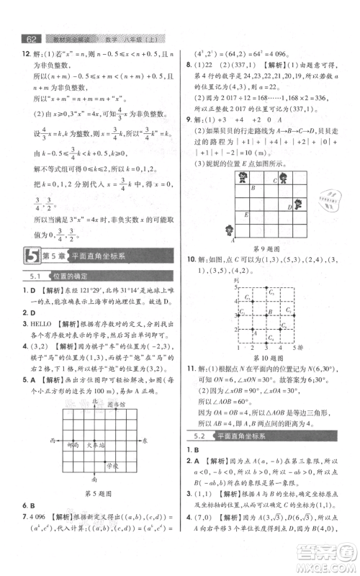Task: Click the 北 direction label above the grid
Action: point(94,400)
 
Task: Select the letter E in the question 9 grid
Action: point(246,215)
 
